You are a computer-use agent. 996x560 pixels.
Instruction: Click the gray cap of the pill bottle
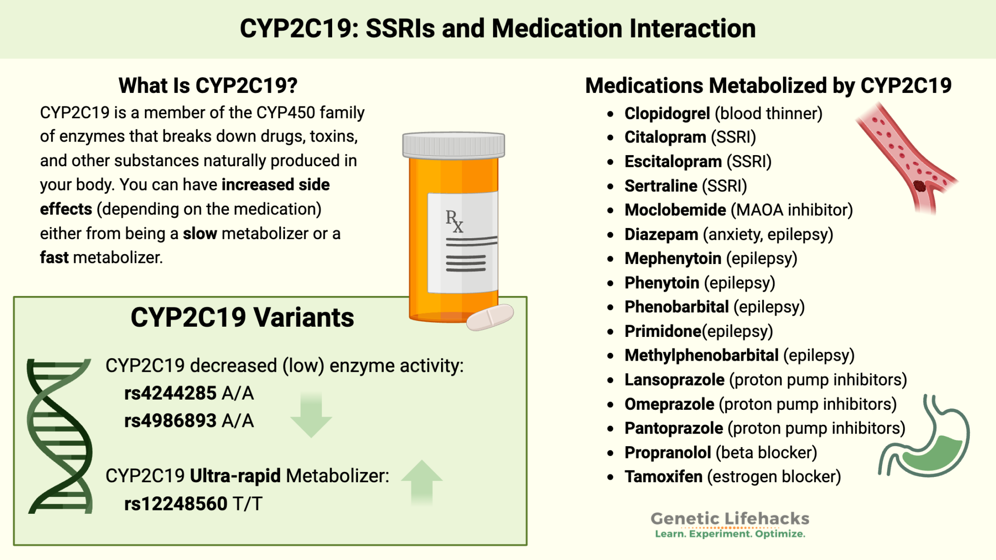(453, 145)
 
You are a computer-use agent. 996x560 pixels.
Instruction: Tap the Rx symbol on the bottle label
(454, 221)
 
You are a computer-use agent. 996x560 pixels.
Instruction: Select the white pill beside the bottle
(490, 317)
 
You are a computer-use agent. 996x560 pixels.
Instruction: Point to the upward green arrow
(422, 481)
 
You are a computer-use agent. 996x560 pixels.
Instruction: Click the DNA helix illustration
(60, 436)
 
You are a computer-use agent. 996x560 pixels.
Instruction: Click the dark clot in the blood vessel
(919, 186)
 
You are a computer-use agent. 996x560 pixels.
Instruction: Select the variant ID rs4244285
(170, 393)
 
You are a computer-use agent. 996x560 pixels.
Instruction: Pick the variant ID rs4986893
(170, 420)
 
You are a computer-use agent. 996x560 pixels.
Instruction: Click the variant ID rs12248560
(176, 504)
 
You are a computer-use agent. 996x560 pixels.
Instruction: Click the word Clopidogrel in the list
(667, 113)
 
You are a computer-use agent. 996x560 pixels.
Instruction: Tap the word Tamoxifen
(663, 476)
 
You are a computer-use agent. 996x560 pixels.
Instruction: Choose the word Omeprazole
(669, 404)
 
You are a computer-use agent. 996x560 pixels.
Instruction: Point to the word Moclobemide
(675, 210)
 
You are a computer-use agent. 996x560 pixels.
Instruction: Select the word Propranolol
(668, 453)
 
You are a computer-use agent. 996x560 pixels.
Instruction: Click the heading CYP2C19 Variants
(242, 317)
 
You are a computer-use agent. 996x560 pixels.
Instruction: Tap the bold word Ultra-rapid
(235, 475)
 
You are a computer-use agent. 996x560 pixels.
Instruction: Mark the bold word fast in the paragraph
(54, 257)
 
